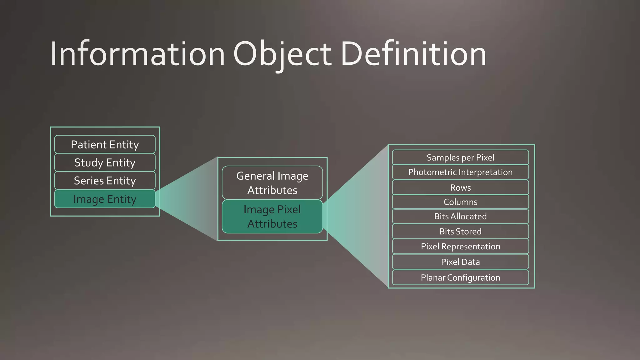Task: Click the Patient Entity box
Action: click(105, 144)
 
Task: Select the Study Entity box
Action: click(105, 162)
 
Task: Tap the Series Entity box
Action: click(105, 181)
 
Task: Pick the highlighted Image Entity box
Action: click(105, 199)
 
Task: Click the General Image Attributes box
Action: click(272, 183)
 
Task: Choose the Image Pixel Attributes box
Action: click(272, 217)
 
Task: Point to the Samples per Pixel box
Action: click(460, 157)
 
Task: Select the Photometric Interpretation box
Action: click(460, 172)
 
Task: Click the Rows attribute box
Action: click(460, 187)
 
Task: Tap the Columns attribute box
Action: click(460, 202)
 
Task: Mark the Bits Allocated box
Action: click(460, 216)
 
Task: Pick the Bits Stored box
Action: click(460, 231)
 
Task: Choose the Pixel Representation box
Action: click(460, 246)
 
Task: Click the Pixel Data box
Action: click(460, 262)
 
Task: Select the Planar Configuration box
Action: click(460, 277)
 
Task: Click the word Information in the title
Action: click(137, 54)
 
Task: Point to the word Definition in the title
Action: click(413, 54)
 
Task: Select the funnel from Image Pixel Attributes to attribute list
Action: click(359, 216)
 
